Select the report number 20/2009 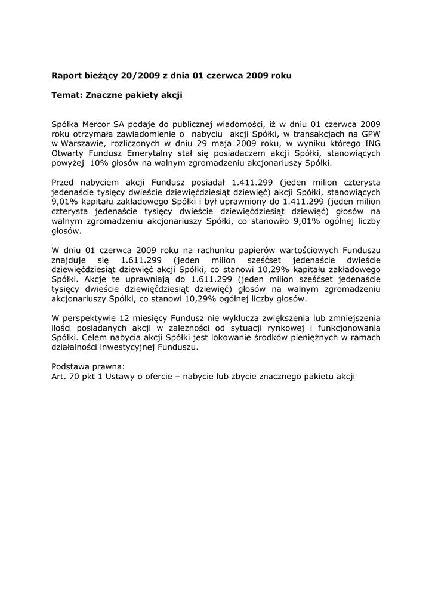(x=137, y=76)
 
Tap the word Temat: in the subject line (x=67, y=94)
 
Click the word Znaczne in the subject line (x=105, y=94)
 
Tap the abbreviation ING (x=372, y=143)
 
